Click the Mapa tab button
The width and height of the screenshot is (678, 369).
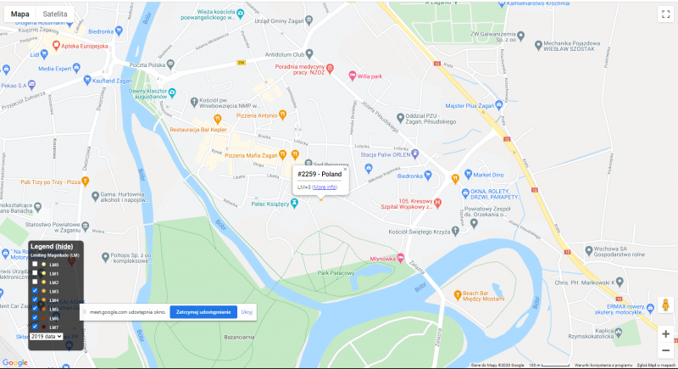(19, 14)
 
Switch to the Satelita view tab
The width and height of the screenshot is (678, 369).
(57, 14)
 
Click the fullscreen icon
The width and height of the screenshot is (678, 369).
(665, 14)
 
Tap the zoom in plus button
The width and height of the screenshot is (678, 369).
(665, 333)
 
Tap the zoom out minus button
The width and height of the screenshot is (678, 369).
(665, 350)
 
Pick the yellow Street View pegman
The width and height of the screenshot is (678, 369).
(665, 305)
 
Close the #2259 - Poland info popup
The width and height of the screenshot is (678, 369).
(345, 170)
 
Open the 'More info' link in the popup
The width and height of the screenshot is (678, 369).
(325, 187)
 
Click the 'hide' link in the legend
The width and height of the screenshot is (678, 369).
(64, 246)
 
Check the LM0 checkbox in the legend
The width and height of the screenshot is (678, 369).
(34, 265)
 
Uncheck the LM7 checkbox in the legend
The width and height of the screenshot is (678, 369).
(34, 327)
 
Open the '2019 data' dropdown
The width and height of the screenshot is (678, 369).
(47, 337)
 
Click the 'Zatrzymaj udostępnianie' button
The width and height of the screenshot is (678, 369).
(203, 312)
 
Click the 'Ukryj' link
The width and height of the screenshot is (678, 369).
(247, 312)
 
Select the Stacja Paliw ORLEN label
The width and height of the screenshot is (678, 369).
(386, 155)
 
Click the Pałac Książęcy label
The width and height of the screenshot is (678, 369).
(271, 204)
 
